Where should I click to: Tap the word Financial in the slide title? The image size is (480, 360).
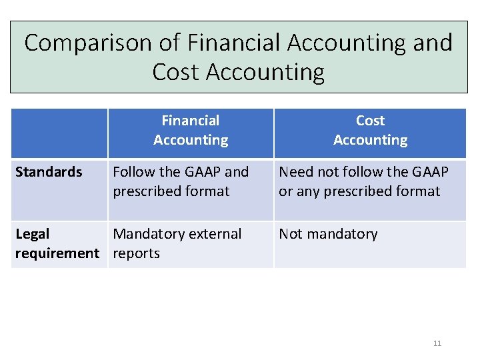click(x=235, y=43)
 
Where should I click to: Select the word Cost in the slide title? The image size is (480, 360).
click(x=176, y=72)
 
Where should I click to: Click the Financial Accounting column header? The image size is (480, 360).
click(x=191, y=131)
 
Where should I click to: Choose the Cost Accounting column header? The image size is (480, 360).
click(x=370, y=131)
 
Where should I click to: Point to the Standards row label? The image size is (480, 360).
click(x=49, y=172)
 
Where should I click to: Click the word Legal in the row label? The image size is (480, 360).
click(x=32, y=234)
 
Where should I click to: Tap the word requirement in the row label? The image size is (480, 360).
click(x=57, y=253)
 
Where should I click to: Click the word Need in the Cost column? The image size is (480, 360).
click(x=296, y=172)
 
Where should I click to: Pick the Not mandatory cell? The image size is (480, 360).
click(x=328, y=234)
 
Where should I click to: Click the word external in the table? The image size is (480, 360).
click(x=214, y=234)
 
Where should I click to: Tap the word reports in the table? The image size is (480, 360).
click(x=137, y=253)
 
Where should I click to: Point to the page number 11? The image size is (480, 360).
click(x=437, y=343)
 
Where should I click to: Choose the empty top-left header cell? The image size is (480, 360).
click(x=59, y=133)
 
